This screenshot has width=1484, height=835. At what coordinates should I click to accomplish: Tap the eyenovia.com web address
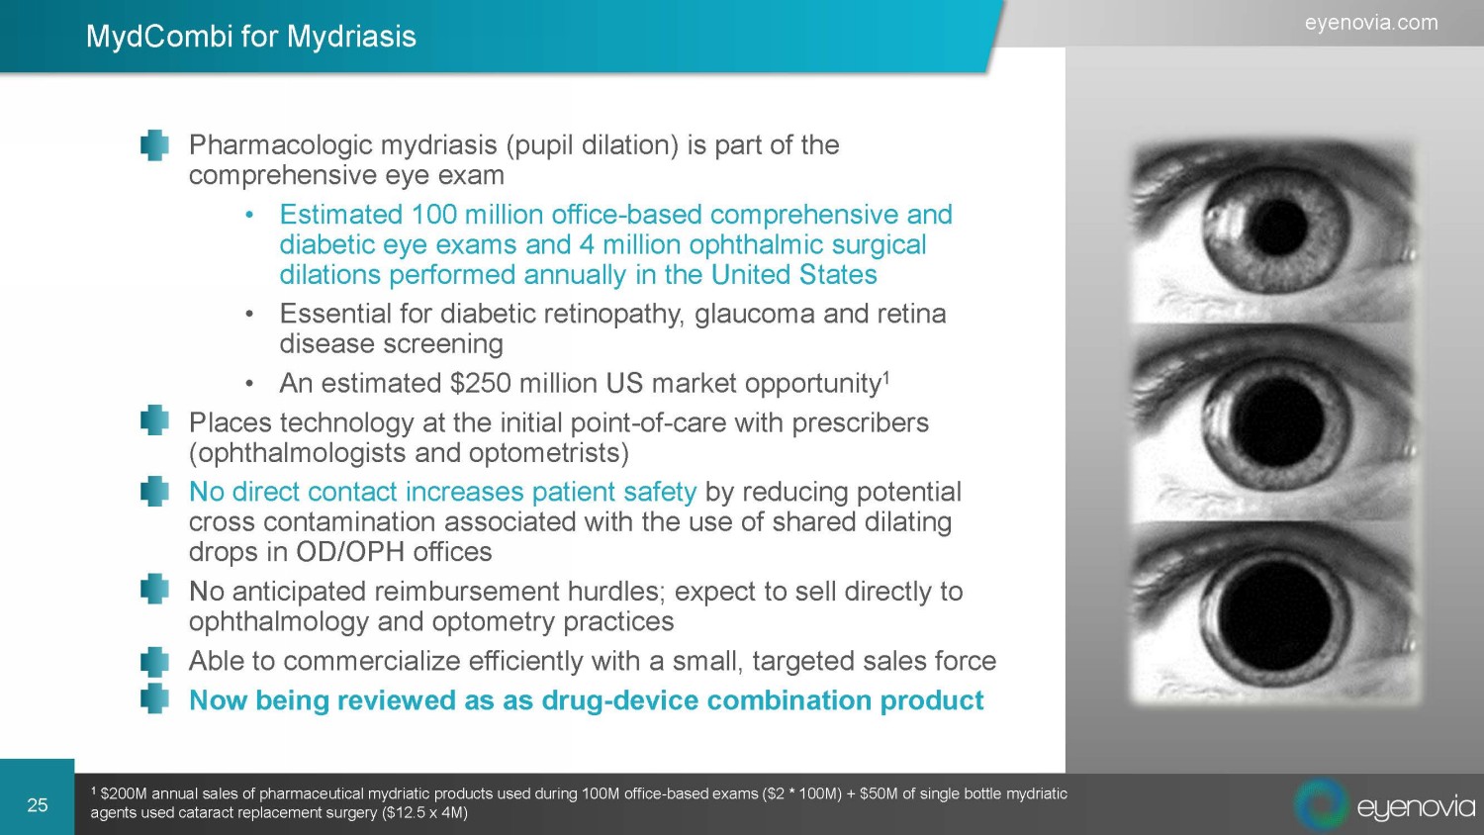click(x=1371, y=23)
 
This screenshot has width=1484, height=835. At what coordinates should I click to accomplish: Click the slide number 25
click(x=38, y=804)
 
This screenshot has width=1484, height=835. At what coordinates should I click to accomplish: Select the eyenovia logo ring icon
click(x=1321, y=803)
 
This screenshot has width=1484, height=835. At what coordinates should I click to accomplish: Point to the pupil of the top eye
click(x=1276, y=228)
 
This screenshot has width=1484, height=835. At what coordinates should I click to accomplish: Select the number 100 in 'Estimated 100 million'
click(x=434, y=215)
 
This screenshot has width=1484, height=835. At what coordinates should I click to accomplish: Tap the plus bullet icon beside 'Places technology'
click(x=154, y=420)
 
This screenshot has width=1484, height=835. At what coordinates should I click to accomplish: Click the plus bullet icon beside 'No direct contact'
click(x=154, y=491)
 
